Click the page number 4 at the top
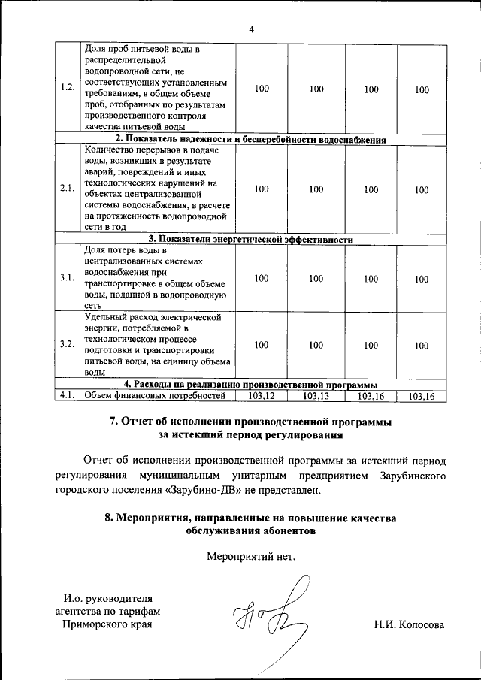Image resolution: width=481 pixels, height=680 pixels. point(251,29)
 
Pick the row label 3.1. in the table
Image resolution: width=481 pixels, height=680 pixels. point(67,278)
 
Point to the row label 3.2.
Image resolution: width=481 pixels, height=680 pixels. point(67,345)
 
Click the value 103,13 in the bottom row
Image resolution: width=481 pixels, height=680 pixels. point(316,395)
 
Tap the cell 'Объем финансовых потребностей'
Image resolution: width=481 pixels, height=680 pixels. point(155,395)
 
